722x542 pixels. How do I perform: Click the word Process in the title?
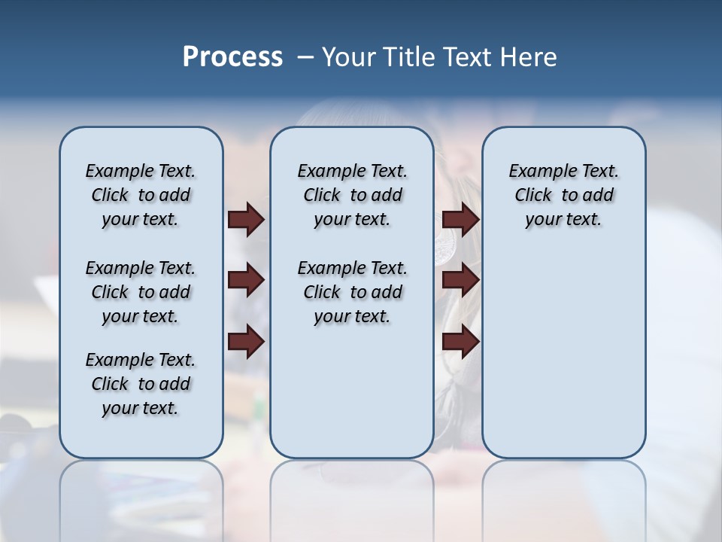click(232, 56)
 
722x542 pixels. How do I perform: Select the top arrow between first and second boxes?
click(246, 219)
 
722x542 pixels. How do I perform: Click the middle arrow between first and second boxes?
click(246, 280)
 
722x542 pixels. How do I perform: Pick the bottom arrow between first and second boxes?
click(246, 342)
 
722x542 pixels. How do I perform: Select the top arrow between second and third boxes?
click(460, 219)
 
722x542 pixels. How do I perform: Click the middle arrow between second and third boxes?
click(460, 280)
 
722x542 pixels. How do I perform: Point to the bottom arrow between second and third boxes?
click(460, 342)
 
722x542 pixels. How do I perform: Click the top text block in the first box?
click(141, 195)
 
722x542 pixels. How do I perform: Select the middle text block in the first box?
click(141, 292)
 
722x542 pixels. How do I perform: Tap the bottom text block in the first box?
click(141, 384)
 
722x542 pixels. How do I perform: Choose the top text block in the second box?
click(353, 195)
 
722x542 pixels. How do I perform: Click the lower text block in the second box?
click(353, 292)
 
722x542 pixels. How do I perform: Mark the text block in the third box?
click(564, 195)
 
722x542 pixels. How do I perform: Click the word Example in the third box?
click(537, 172)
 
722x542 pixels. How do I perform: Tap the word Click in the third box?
click(533, 196)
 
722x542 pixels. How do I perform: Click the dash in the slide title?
click(305, 57)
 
